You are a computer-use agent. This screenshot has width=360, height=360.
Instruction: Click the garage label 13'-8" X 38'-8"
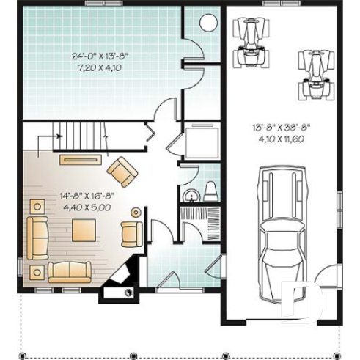[x=282, y=128]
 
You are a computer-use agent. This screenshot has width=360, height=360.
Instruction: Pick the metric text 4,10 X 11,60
[x=282, y=139]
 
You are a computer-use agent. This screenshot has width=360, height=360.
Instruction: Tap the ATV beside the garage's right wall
[x=312, y=74]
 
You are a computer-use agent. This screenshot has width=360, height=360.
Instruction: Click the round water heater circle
[x=209, y=22]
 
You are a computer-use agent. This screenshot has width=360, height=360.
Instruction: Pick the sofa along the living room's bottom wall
[x=70, y=271]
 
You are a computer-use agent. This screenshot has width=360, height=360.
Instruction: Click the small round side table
[x=135, y=213]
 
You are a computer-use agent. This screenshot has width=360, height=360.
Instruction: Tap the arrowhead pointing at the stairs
[x=56, y=136]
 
